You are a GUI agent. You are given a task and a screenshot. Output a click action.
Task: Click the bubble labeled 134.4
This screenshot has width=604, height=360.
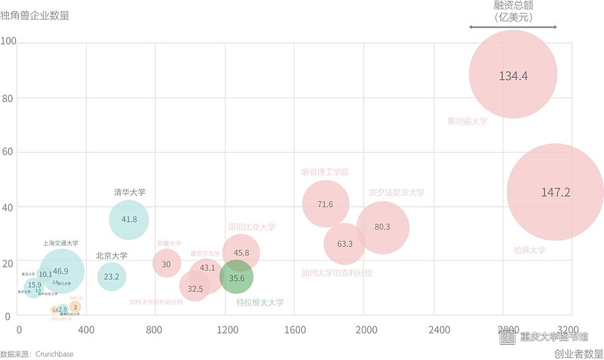tap(513, 75)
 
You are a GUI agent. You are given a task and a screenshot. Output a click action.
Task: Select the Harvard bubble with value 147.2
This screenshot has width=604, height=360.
tap(555, 192)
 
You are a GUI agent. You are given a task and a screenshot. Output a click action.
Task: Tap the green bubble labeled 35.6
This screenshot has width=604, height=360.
tap(236, 277)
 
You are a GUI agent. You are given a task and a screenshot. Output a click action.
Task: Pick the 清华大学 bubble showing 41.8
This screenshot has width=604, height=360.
tap(129, 219)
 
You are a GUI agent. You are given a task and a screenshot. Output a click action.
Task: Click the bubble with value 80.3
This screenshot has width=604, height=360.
tap(383, 227)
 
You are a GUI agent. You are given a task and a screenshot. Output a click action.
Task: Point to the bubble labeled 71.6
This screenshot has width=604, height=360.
tap(325, 204)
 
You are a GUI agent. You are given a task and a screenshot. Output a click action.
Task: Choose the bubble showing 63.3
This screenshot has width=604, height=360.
tap(344, 244)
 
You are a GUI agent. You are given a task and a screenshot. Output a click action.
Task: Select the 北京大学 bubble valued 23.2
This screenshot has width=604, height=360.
tap(111, 276)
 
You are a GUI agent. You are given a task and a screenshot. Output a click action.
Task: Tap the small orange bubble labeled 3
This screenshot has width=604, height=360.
tap(75, 307)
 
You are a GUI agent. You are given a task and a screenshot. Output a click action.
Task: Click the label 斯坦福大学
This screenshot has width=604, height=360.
tap(467, 122)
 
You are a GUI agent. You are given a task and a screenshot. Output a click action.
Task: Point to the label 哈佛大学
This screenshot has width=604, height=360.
tap(530, 251)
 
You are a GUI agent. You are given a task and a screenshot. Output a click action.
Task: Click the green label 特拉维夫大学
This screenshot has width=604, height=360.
tap(260, 302)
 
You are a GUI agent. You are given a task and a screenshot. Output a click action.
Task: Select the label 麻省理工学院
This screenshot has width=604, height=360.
tap(325, 172)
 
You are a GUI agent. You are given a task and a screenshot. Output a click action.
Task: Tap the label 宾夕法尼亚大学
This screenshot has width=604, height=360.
tap(396, 193)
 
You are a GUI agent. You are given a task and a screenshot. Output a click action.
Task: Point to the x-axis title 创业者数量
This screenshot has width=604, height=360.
tap(578, 353)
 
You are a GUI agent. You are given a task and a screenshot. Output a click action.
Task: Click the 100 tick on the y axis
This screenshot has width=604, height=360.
tap(9, 42)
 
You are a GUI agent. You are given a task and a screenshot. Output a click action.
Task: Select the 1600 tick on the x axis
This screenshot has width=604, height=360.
tap(295, 330)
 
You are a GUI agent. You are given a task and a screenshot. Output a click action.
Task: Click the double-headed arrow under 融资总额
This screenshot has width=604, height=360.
tap(513, 27)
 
